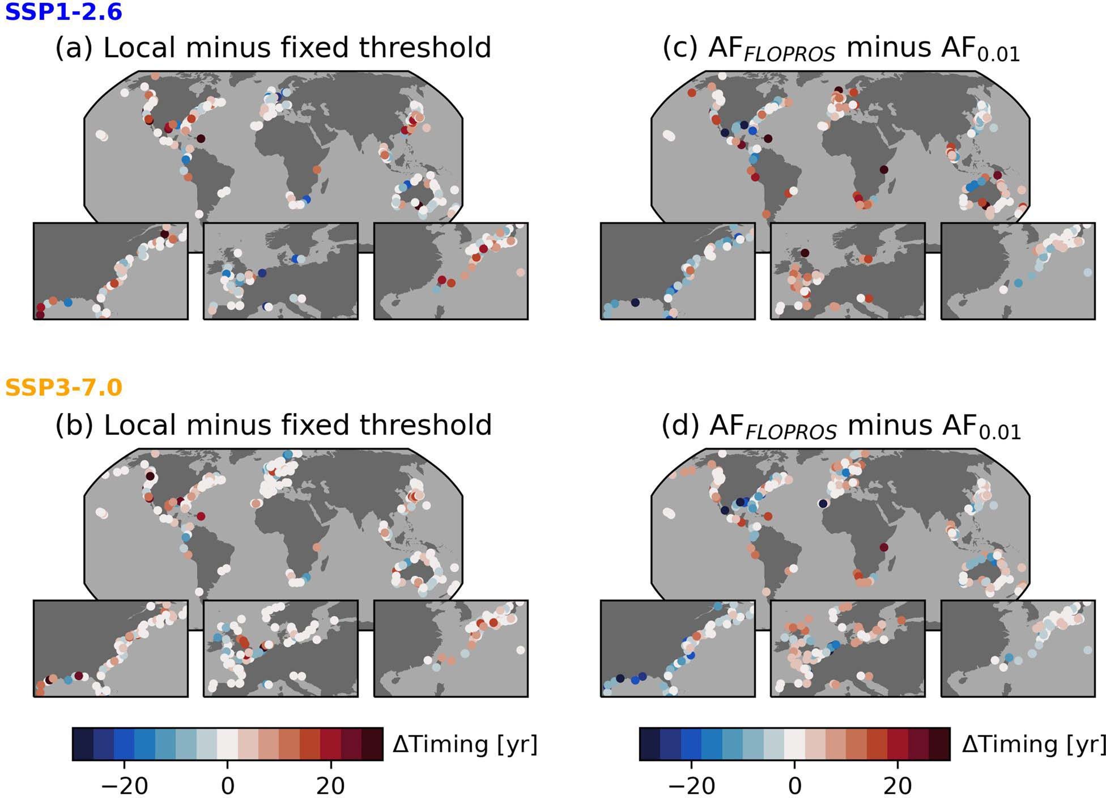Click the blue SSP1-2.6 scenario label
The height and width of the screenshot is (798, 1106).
(x=63, y=11)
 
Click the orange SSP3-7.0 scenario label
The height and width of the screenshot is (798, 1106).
(x=63, y=388)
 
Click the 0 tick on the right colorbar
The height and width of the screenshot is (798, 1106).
(x=794, y=786)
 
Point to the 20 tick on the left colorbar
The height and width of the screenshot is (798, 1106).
(x=331, y=786)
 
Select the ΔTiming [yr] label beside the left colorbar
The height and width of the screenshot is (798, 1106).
(x=465, y=744)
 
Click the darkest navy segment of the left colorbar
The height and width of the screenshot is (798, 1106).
(x=83, y=744)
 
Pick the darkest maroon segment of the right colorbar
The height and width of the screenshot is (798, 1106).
(x=939, y=744)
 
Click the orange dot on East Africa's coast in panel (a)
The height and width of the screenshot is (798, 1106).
(x=317, y=169)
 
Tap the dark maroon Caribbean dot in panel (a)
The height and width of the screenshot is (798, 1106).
(x=201, y=138)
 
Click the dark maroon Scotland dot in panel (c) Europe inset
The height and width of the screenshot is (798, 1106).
(x=805, y=253)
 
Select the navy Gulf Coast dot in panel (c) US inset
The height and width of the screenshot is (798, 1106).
(x=635, y=302)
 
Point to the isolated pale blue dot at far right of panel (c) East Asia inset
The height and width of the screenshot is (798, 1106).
(x=1087, y=273)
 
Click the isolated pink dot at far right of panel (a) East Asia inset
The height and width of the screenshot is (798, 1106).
(x=521, y=273)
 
